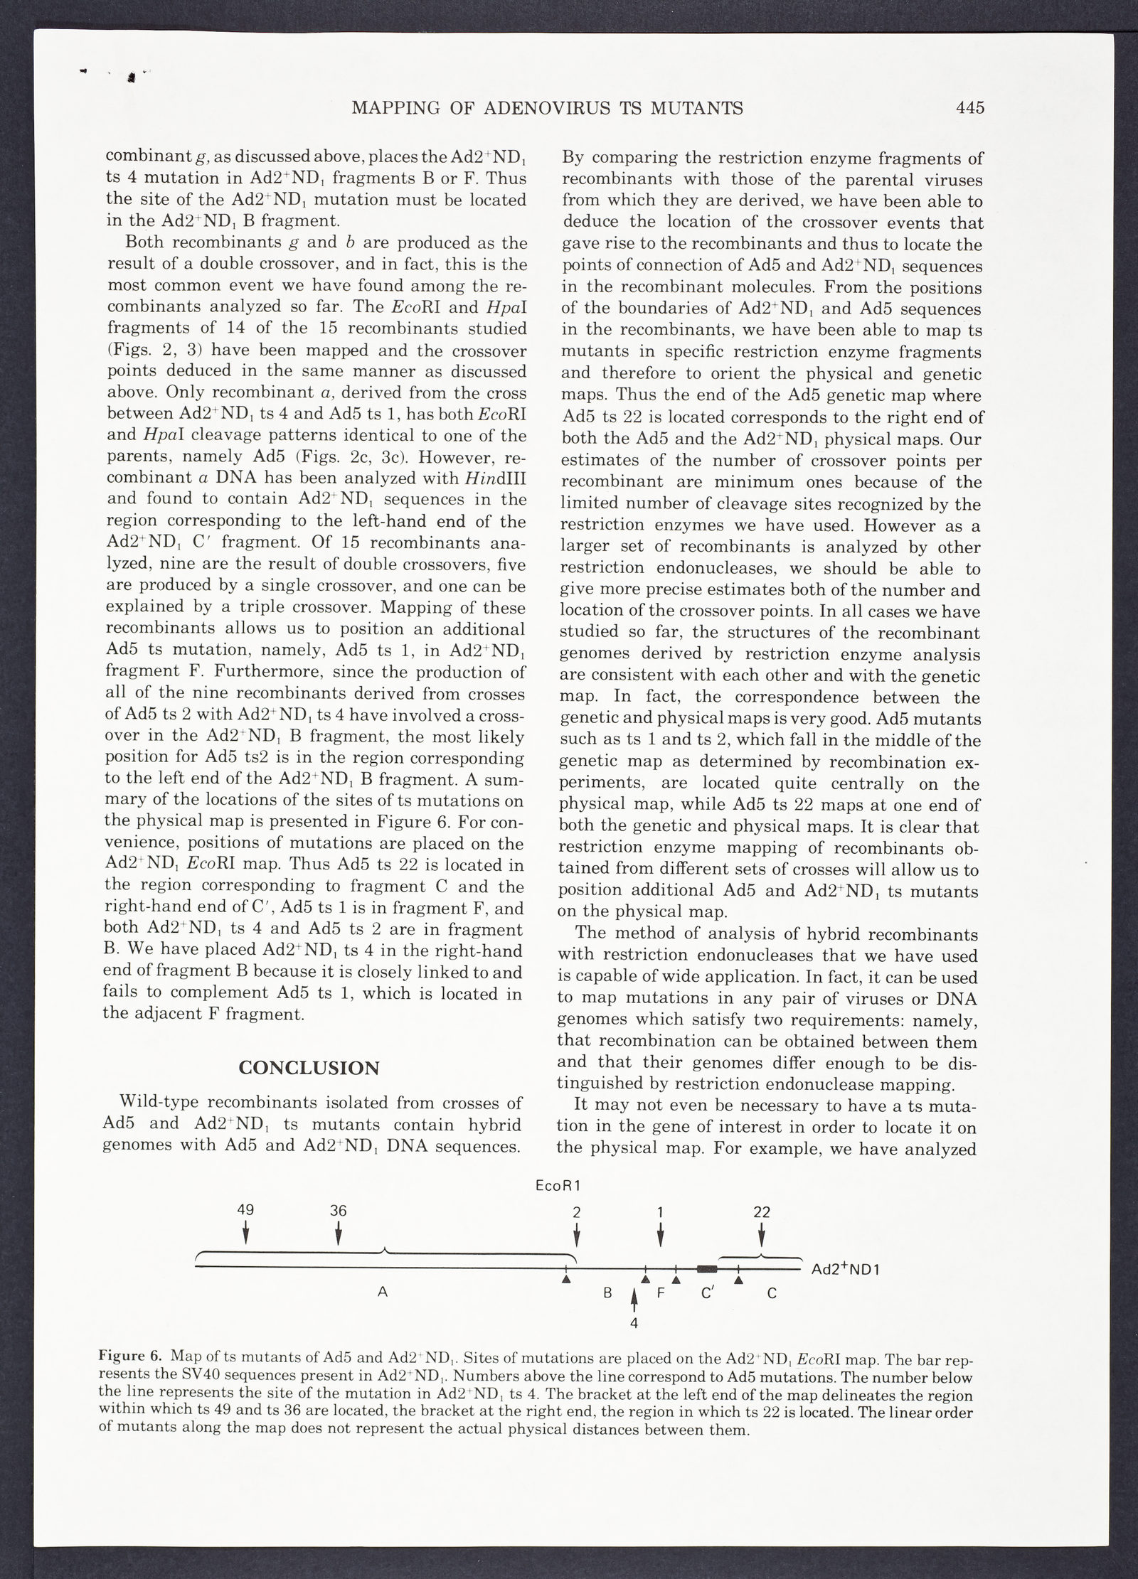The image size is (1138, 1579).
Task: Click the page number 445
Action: coord(969,108)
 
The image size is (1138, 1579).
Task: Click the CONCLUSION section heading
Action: coord(309,1068)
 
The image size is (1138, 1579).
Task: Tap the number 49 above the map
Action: coord(246,1211)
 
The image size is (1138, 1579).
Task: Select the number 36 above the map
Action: coord(338,1211)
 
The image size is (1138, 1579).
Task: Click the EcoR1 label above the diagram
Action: coord(559,1185)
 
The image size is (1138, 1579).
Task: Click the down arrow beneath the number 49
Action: coord(246,1233)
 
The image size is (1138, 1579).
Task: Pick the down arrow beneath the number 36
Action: coord(339,1233)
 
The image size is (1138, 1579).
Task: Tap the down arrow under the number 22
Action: coord(762,1233)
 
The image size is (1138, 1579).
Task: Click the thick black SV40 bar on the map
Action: coord(706,1268)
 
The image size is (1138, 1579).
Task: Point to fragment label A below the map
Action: coord(382,1292)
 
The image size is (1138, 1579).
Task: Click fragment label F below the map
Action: coord(660,1294)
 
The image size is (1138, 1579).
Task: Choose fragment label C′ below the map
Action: coord(707,1293)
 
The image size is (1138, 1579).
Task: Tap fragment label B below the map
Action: coord(607,1294)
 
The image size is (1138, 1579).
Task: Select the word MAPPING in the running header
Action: coord(394,108)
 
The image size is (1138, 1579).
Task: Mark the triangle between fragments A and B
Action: coord(566,1280)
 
